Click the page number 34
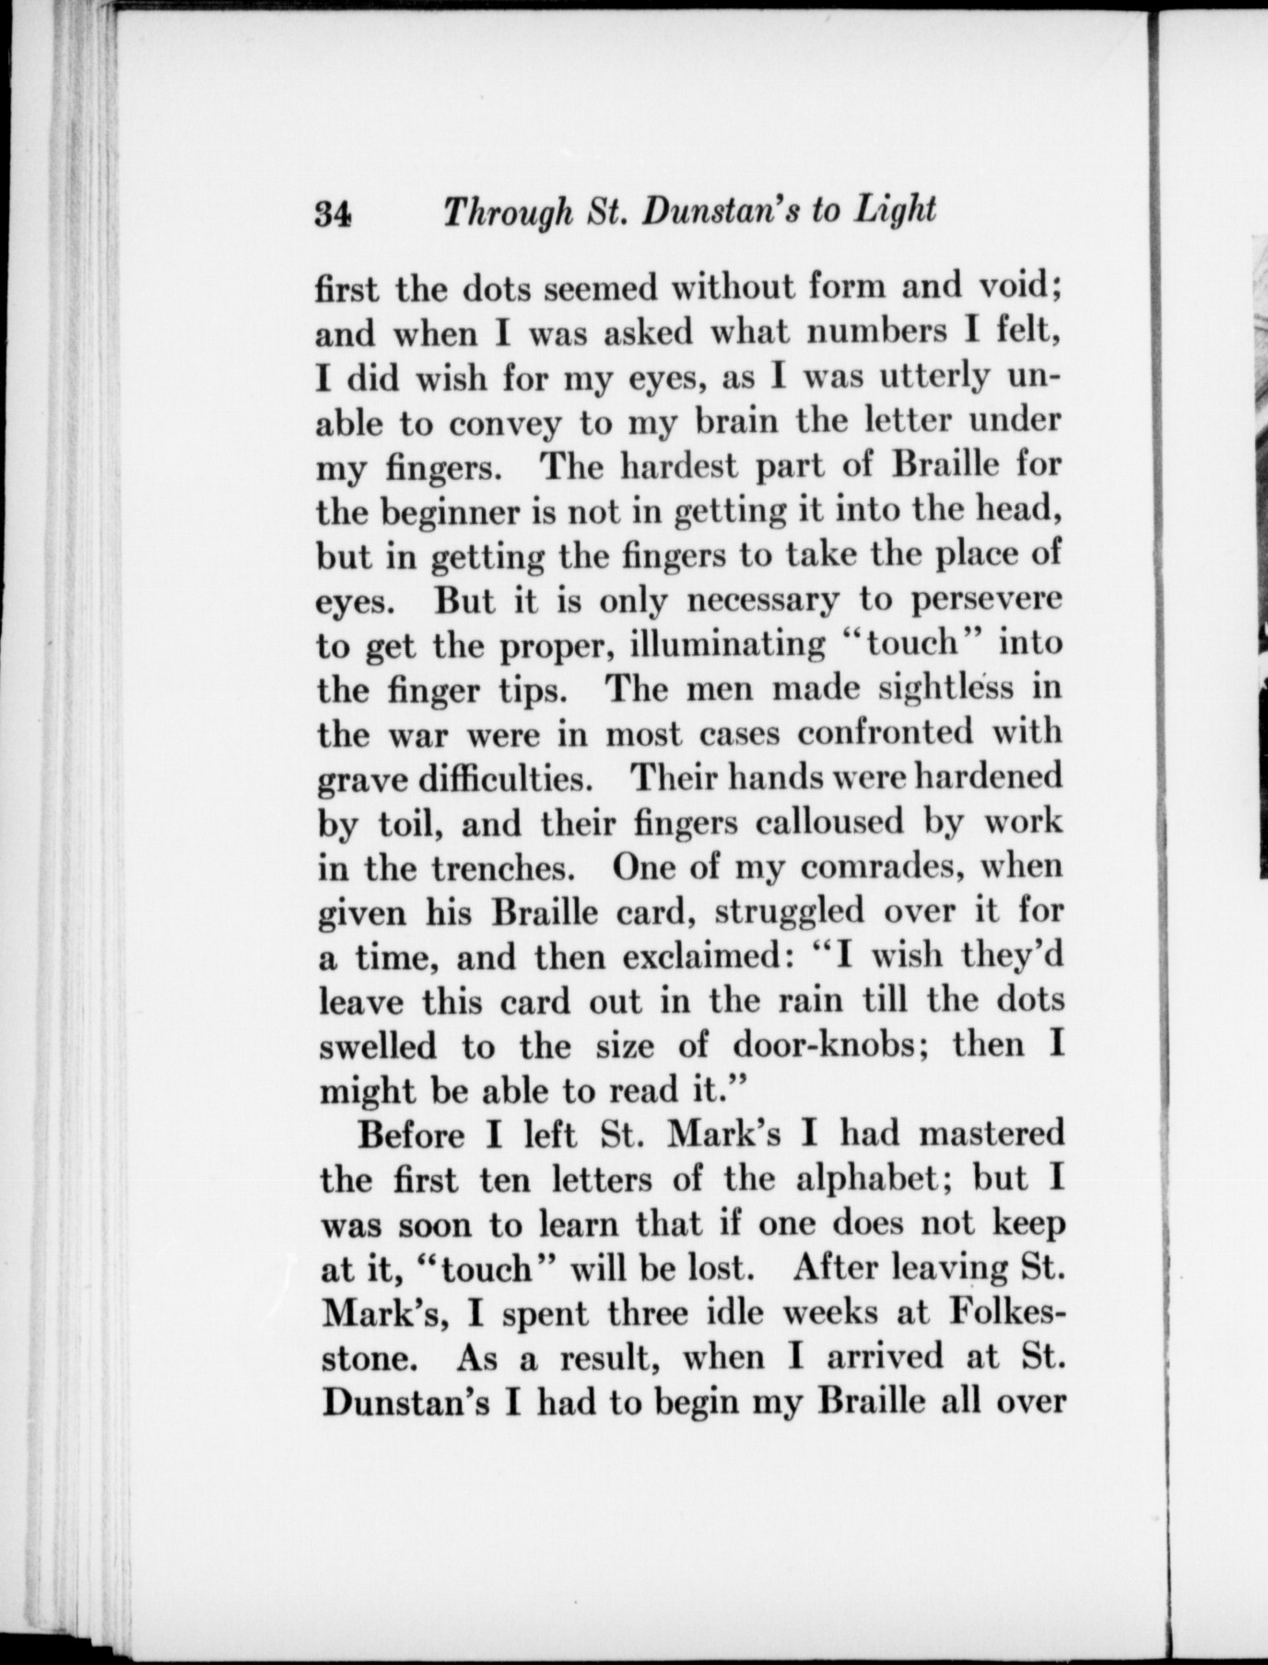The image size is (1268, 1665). (x=333, y=215)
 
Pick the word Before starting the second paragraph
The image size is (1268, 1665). (x=411, y=1134)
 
